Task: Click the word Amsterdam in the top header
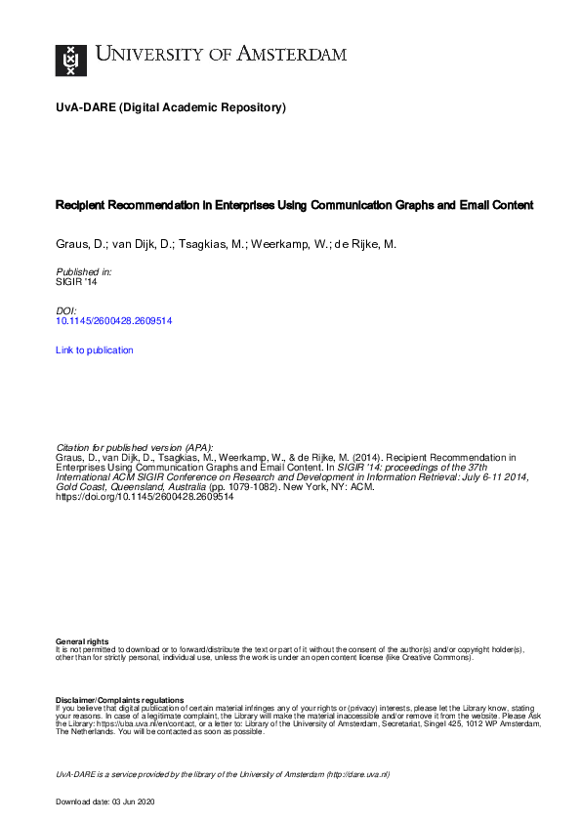coord(293,55)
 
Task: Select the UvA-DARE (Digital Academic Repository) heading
coord(171,107)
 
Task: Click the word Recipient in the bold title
coord(84,206)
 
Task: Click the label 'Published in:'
coord(84,271)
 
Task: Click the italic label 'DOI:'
coord(66,309)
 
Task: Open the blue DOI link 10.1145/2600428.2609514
coord(114,320)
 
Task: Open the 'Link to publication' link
coord(95,349)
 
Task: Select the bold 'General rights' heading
coord(83,640)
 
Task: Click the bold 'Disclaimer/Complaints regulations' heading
coord(119,700)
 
